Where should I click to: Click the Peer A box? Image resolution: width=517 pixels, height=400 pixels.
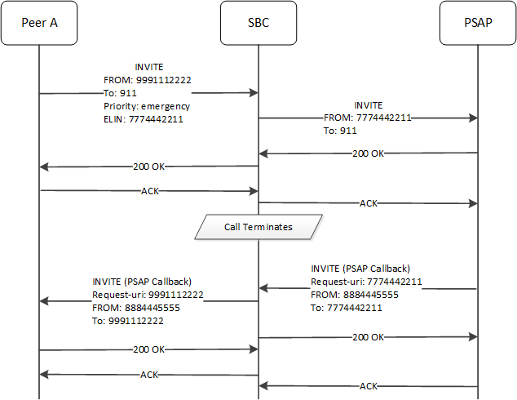pyautogui.click(x=39, y=23)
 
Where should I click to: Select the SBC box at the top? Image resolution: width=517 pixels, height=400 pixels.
pyautogui.click(x=258, y=23)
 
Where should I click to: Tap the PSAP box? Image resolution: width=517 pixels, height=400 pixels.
pyautogui.click(x=477, y=23)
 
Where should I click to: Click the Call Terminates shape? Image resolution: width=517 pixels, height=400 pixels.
pyautogui.click(x=258, y=226)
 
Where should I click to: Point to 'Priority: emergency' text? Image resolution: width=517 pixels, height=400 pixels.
pyautogui.click(x=148, y=106)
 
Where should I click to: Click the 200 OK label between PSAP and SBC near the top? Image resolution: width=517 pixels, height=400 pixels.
pyautogui.click(x=368, y=153)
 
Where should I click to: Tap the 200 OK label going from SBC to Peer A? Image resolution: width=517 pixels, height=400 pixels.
pyautogui.click(x=148, y=167)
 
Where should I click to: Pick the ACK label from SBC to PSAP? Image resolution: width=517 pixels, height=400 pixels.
pyautogui.click(x=368, y=202)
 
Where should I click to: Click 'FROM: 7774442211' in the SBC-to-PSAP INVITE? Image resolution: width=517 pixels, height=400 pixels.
pyautogui.click(x=367, y=118)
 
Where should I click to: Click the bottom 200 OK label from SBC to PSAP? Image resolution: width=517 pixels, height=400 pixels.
pyautogui.click(x=368, y=336)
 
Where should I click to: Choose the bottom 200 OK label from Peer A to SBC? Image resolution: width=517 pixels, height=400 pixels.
pyautogui.click(x=148, y=350)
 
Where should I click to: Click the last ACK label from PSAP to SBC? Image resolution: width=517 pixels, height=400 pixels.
pyautogui.click(x=368, y=386)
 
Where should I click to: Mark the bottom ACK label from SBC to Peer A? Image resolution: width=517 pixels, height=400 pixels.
pyautogui.click(x=148, y=375)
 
